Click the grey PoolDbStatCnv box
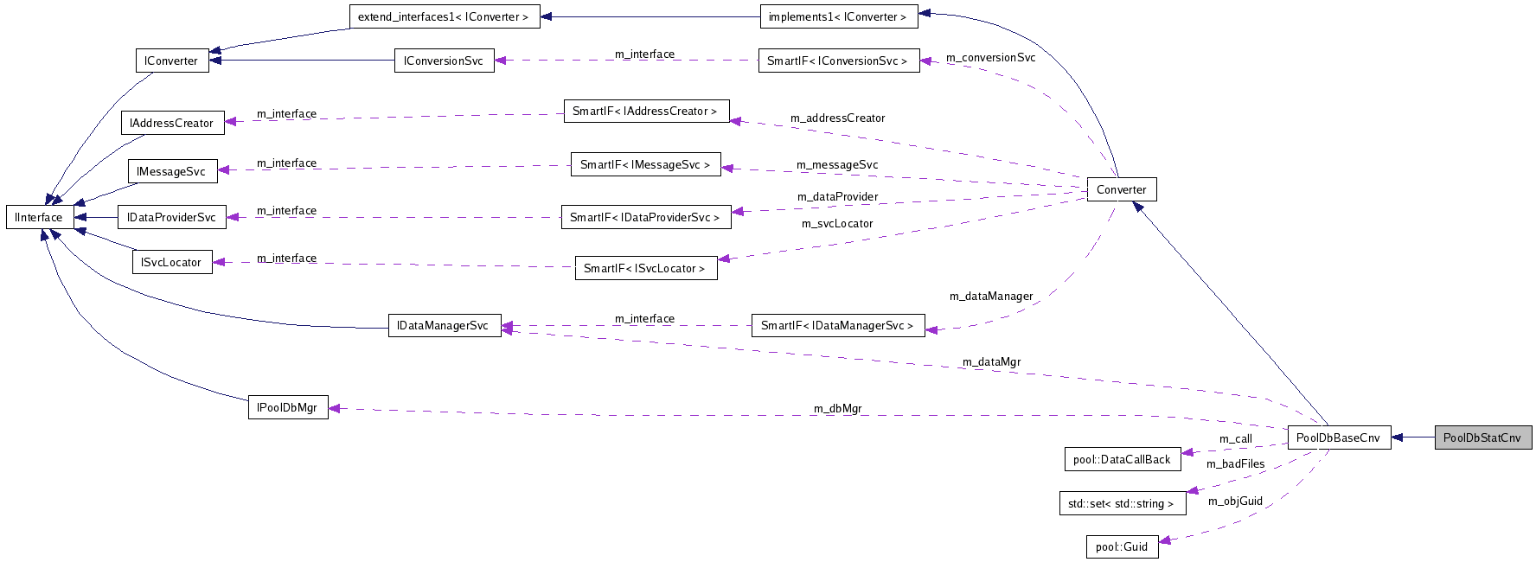tap(1482, 437)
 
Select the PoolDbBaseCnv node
tap(1338, 437)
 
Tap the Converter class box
tap(1121, 189)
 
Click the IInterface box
tap(39, 217)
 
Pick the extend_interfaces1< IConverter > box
tap(444, 16)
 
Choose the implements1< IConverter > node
tap(838, 16)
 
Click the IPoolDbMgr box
tap(287, 407)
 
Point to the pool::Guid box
tap(1122, 546)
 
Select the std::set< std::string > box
tap(1122, 503)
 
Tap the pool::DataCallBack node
tap(1122, 459)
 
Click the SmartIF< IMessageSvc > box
tap(645, 164)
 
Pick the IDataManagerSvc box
tap(444, 325)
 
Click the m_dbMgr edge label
tap(837, 408)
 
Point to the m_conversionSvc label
tap(990, 57)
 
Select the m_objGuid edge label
tap(1235, 501)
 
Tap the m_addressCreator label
tap(837, 118)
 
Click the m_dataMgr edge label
tap(991, 361)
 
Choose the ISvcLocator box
tap(171, 262)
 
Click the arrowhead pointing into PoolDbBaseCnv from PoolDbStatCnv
tap(1398, 437)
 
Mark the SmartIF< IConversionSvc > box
tap(838, 61)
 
